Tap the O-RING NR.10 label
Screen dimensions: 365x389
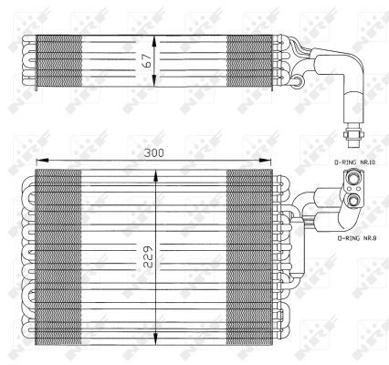coord(351,161)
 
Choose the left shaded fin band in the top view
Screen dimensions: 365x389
coord(58,61)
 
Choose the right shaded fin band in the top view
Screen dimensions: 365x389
coord(248,61)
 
